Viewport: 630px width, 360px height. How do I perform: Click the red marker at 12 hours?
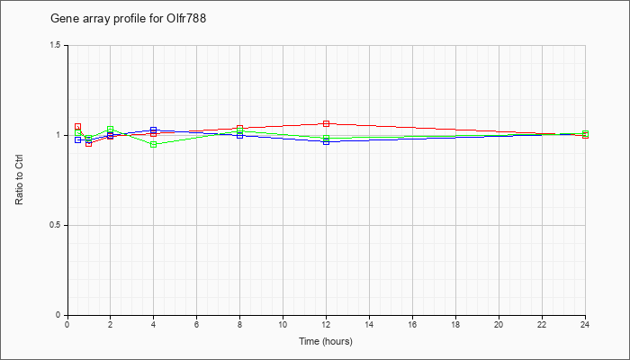tap(326, 123)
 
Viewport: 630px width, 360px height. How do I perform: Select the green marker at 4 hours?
tap(154, 144)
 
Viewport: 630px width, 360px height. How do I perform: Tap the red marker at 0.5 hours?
tap(78, 127)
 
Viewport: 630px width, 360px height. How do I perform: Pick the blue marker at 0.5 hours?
tap(78, 139)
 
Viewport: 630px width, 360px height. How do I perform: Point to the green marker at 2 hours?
tap(110, 130)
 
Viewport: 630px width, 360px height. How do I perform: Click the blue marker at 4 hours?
tap(154, 130)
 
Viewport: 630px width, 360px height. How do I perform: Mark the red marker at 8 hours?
tap(240, 128)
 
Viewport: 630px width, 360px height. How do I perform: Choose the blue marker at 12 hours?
tap(326, 141)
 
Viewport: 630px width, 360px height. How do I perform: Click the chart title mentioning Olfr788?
tap(128, 19)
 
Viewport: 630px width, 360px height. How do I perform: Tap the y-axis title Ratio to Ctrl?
tap(19, 180)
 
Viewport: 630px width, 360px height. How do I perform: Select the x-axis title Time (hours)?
tap(326, 341)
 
